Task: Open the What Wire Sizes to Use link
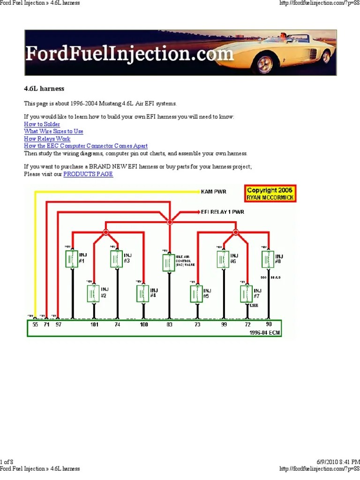(53, 132)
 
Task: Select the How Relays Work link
(47, 139)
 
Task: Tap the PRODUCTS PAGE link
(88, 174)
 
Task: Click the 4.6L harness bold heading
(44, 89)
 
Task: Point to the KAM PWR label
(214, 192)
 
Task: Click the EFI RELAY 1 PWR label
(223, 212)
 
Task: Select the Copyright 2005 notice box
(270, 194)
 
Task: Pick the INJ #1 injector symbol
(72, 259)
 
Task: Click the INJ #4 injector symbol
(143, 293)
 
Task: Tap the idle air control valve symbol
(168, 263)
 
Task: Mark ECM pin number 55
(34, 324)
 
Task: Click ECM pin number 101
(94, 324)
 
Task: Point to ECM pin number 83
(169, 324)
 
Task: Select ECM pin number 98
(269, 324)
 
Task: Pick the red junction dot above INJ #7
(236, 232)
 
